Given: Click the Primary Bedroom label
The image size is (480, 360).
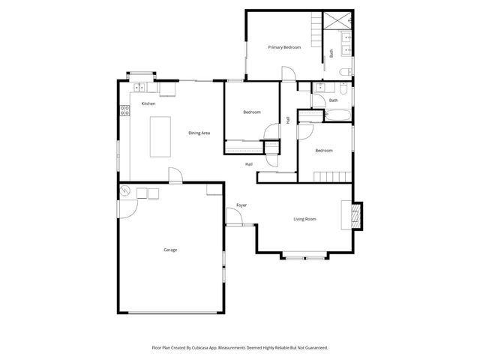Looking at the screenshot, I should coord(285,47).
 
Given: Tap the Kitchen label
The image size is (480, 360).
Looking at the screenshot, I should coord(148,103).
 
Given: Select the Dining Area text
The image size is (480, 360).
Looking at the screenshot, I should coord(199,133).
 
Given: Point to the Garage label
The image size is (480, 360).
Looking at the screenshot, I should coord(171,249).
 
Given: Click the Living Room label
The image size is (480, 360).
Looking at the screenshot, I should coord(304,219).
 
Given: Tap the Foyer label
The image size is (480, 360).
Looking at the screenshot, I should coord(241,205).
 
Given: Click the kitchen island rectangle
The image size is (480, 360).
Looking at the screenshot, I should coord(160,136).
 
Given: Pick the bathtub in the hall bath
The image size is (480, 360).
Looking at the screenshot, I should coord(338,115).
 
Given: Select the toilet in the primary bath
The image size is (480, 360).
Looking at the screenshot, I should coord(343,72).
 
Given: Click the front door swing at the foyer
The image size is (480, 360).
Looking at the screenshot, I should coord(234,217).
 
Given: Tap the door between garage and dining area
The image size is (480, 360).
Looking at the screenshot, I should coord(175,175).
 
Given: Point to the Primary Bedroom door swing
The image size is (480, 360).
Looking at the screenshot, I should coord(287,73).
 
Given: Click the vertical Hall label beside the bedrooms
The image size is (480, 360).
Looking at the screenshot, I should coord(288,120).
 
